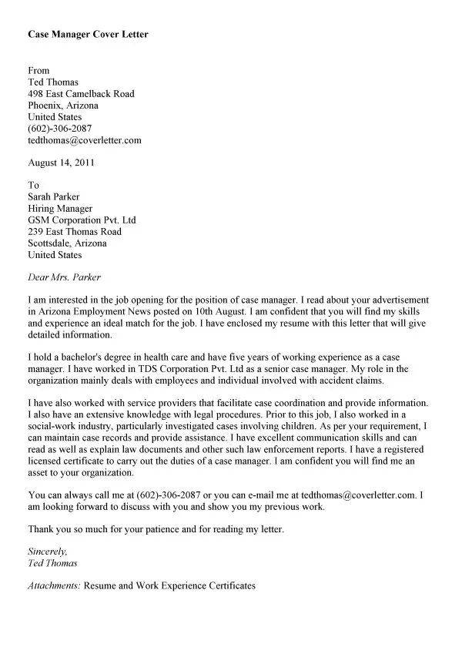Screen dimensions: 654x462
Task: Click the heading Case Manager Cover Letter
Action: pos(88,34)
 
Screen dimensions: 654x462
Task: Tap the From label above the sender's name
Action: pos(38,70)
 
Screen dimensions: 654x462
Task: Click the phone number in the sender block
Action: pos(59,129)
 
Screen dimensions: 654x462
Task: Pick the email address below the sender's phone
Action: pos(85,140)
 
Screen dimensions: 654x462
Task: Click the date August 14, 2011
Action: pos(62,163)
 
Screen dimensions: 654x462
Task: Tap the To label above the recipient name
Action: pos(33,185)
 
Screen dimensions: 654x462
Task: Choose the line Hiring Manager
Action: pos(60,208)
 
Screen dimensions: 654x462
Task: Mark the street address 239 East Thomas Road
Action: pos(75,231)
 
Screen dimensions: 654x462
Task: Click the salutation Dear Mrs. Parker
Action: pos(64,277)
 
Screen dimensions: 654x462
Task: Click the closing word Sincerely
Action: pos(47,551)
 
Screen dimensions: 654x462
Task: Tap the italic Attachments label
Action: pos(54,586)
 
